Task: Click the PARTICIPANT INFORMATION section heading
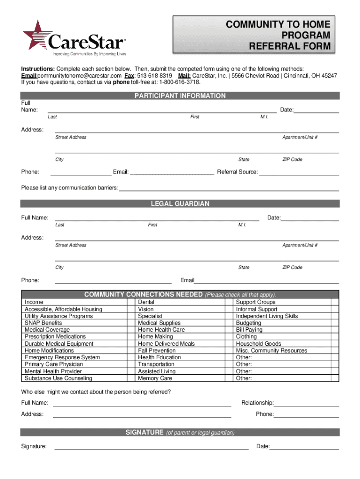click(180, 96)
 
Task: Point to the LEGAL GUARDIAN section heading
click(180, 204)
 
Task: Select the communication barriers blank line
click(229, 190)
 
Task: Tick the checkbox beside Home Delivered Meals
click(229, 344)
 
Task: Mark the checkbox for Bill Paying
click(334, 330)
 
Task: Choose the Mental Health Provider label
click(53, 371)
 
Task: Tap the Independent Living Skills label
click(267, 316)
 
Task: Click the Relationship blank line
click(306, 406)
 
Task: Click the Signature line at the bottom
click(151, 449)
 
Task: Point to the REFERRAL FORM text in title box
click(289, 46)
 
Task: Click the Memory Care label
click(155, 378)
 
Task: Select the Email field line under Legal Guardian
click(266, 283)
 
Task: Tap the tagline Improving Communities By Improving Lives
click(86, 54)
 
